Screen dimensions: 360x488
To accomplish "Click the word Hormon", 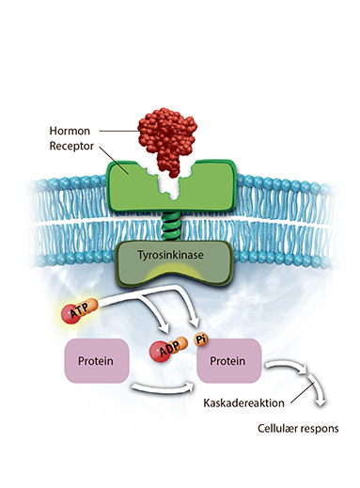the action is click(x=70, y=131).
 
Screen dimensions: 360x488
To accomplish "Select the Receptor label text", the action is click(x=71, y=146).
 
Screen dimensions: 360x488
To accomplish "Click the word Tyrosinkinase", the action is click(x=170, y=255).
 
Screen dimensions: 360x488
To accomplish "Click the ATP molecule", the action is click(x=79, y=311).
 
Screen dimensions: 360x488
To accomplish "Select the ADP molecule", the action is click(x=168, y=349).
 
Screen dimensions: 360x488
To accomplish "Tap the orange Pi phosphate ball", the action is click(x=201, y=339).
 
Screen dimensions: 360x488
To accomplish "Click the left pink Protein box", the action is click(x=97, y=360).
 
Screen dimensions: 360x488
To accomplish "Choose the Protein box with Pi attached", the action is click(x=228, y=361).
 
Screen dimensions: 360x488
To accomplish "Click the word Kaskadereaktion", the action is click(x=243, y=402).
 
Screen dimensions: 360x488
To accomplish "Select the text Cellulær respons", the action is click(x=298, y=428).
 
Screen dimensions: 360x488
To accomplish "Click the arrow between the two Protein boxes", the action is click(x=163, y=388).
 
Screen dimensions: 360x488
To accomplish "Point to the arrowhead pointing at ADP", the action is click(x=164, y=327).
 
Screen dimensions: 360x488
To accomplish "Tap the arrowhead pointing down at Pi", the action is click(x=195, y=322).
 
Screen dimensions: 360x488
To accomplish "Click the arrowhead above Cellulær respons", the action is click(x=321, y=401).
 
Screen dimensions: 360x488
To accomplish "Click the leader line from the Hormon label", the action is click(x=118, y=131).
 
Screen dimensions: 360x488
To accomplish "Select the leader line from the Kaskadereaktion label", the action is click(x=302, y=392).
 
